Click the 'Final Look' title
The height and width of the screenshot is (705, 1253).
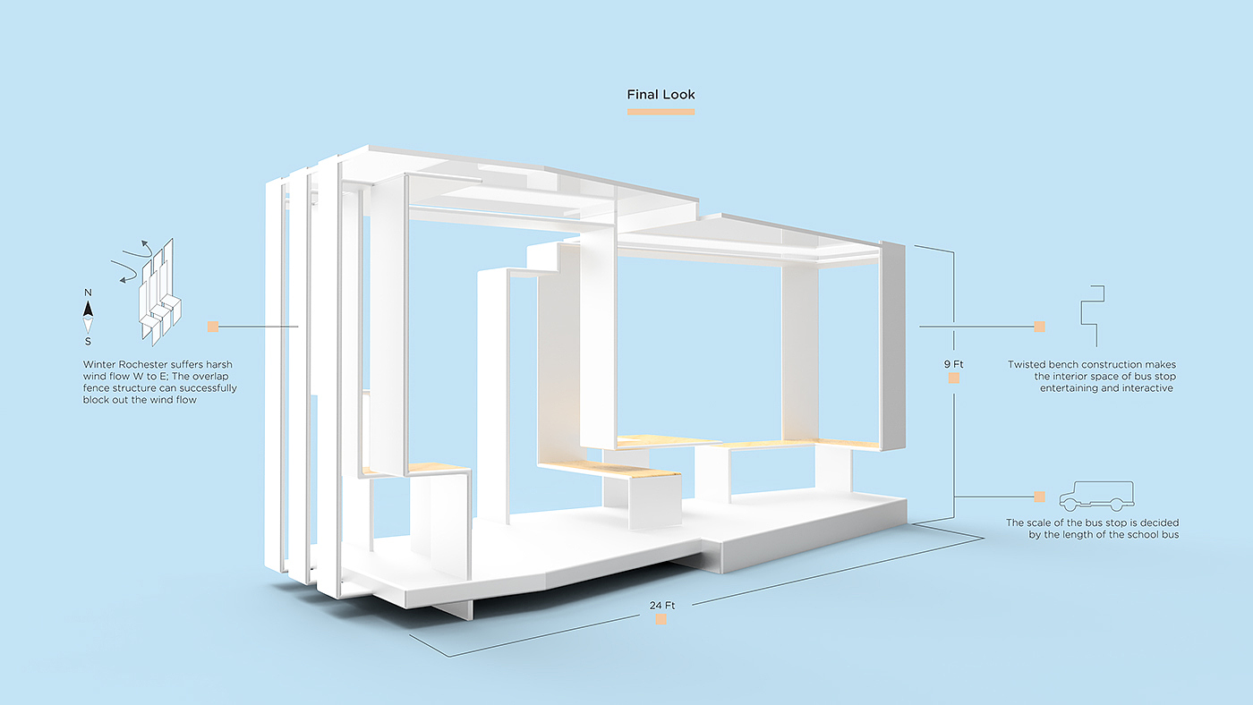pos(661,95)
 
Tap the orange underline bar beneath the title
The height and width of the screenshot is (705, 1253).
pos(661,112)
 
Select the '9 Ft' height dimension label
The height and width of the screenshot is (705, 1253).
pos(953,364)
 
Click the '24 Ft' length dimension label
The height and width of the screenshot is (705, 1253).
pos(662,606)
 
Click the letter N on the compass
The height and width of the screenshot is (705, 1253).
pos(88,293)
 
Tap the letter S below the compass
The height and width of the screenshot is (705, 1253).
pos(88,341)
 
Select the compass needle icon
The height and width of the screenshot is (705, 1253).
pos(88,316)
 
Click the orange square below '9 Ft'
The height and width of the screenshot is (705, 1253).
pos(954,378)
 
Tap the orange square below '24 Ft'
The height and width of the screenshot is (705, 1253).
pos(661,619)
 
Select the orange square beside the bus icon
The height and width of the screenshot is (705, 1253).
pos(1039,497)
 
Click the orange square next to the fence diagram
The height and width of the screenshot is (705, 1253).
pos(213,327)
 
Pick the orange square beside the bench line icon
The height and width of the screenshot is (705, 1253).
pos(1039,327)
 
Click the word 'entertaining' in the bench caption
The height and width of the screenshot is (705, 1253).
pos(1070,388)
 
